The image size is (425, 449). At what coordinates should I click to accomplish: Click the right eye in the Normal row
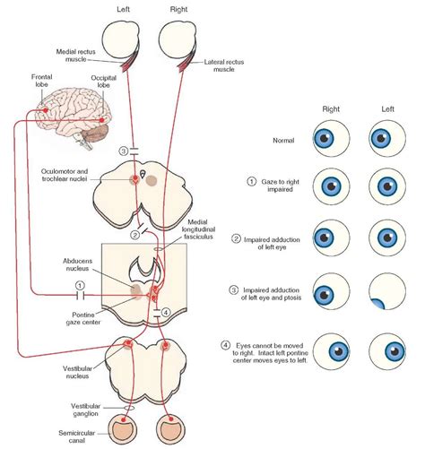coord(326,140)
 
